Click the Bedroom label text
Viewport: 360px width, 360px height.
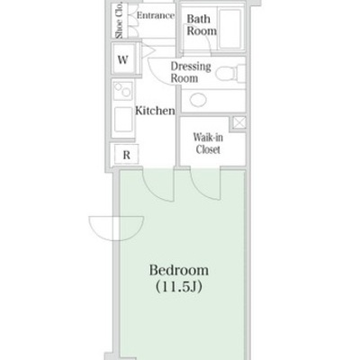click(179, 270)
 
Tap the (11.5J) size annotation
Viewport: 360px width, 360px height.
click(179, 287)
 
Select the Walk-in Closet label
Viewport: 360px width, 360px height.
click(208, 143)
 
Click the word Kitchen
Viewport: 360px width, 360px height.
click(155, 111)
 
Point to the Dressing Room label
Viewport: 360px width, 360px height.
click(191, 72)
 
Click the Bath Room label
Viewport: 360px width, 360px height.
click(202, 25)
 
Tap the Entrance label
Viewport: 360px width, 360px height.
click(156, 15)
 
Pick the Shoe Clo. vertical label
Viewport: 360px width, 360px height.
click(119, 20)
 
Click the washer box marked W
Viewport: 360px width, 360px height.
click(122, 59)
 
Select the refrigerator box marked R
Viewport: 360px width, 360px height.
click(127, 155)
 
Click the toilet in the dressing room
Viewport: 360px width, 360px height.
click(230, 73)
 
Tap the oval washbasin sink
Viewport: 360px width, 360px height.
click(198, 100)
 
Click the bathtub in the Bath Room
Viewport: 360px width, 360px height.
click(230, 29)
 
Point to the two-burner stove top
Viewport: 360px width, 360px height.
click(123, 90)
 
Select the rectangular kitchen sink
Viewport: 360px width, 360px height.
click(123, 120)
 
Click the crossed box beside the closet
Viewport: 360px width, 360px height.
click(239, 123)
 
